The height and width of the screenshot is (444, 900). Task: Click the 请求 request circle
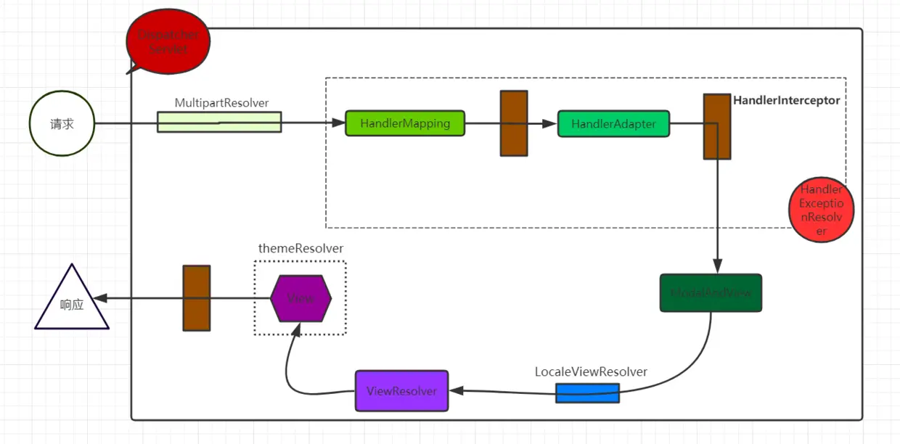(62, 124)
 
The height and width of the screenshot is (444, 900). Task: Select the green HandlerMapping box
(404, 123)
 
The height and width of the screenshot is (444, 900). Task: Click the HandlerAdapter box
(613, 123)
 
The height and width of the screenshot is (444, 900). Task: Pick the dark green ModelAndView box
(711, 292)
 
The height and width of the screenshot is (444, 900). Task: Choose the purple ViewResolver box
(401, 390)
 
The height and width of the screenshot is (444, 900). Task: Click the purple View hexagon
(300, 297)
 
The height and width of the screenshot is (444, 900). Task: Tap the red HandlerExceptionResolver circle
(822, 210)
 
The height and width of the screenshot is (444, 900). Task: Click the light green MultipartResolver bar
(219, 122)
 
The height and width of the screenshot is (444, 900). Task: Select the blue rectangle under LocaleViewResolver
(587, 393)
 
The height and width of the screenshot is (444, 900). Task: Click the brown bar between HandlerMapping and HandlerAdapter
(514, 123)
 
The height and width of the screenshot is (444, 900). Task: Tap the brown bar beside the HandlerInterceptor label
(717, 126)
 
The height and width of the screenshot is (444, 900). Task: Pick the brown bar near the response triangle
(196, 298)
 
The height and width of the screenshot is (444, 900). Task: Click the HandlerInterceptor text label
(786, 101)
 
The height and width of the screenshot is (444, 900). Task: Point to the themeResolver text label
(300, 248)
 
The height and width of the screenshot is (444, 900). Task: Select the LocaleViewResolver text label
(591, 371)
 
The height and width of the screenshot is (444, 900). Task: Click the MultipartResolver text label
(221, 102)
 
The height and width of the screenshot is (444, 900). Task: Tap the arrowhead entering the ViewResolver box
(454, 390)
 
